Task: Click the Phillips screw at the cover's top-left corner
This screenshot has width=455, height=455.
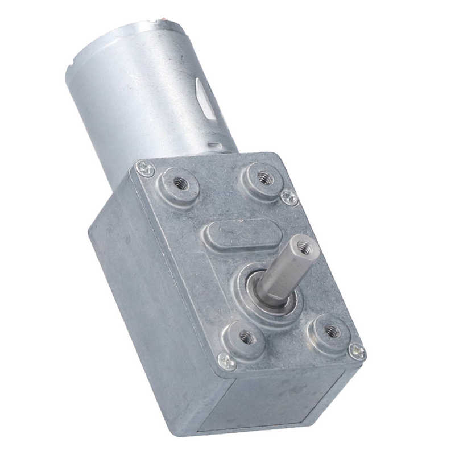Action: click(x=146, y=168)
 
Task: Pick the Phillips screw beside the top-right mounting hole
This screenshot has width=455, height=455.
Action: click(x=289, y=197)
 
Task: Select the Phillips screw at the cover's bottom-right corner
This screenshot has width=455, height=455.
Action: click(x=356, y=351)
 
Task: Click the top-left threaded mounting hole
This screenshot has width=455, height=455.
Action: click(x=180, y=183)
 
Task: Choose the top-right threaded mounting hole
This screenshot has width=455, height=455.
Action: click(x=264, y=177)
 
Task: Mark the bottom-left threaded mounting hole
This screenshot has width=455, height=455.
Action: click(x=246, y=337)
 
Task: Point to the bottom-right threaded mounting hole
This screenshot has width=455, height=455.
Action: click(x=332, y=330)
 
